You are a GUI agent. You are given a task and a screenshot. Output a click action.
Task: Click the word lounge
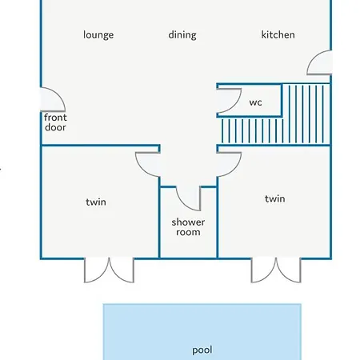click(x=98, y=35)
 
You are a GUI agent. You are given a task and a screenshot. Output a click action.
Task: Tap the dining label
click(x=182, y=35)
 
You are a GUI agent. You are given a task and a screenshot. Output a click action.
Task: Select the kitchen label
click(x=278, y=34)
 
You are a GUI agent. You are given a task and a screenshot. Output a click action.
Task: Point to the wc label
click(x=255, y=102)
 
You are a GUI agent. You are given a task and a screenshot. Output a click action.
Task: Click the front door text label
click(x=55, y=122)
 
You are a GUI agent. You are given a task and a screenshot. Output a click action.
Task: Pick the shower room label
click(x=188, y=227)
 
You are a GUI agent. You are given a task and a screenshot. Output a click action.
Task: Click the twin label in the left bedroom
click(x=96, y=202)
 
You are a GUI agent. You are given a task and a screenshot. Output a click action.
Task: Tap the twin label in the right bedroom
click(x=275, y=199)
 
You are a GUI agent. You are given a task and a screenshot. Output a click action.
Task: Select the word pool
click(x=202, y=350)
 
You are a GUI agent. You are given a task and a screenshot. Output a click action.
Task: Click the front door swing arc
click(x=59, y=94)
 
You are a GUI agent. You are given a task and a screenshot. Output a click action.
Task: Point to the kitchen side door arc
click(x=311, y=58)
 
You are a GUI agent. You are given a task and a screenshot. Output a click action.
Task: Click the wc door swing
click(x=236, y=106)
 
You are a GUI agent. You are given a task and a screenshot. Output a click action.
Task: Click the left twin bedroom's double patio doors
click(x=109, y=270)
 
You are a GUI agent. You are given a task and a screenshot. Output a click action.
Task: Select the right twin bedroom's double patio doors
click(x=276, y=270)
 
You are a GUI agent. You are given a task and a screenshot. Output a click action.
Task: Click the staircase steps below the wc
click(x=252, y=131)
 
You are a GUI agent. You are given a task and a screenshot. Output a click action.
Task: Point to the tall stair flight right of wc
click(x=306, y=114)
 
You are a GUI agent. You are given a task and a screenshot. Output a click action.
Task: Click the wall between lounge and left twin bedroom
click(x=101, y=146)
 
